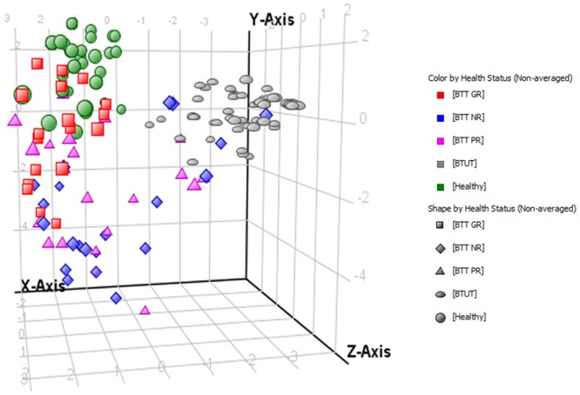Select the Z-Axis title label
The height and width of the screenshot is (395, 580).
coord(368,351)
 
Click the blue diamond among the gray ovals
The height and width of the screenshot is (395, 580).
coord(266,114)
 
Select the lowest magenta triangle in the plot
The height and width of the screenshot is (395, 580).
coord(145,309)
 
